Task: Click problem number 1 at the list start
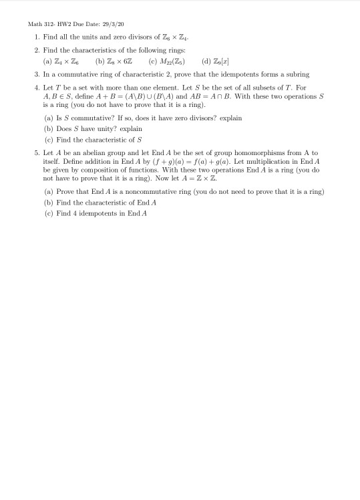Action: [x=37, y=41]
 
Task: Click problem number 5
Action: [x=37, y=153]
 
